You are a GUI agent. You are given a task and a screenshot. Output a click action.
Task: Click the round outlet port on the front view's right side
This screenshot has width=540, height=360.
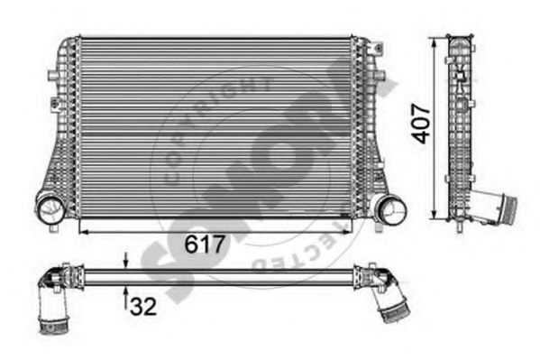tap(390, 211)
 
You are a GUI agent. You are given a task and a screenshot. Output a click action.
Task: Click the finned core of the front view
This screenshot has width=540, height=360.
tap(216, 126)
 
